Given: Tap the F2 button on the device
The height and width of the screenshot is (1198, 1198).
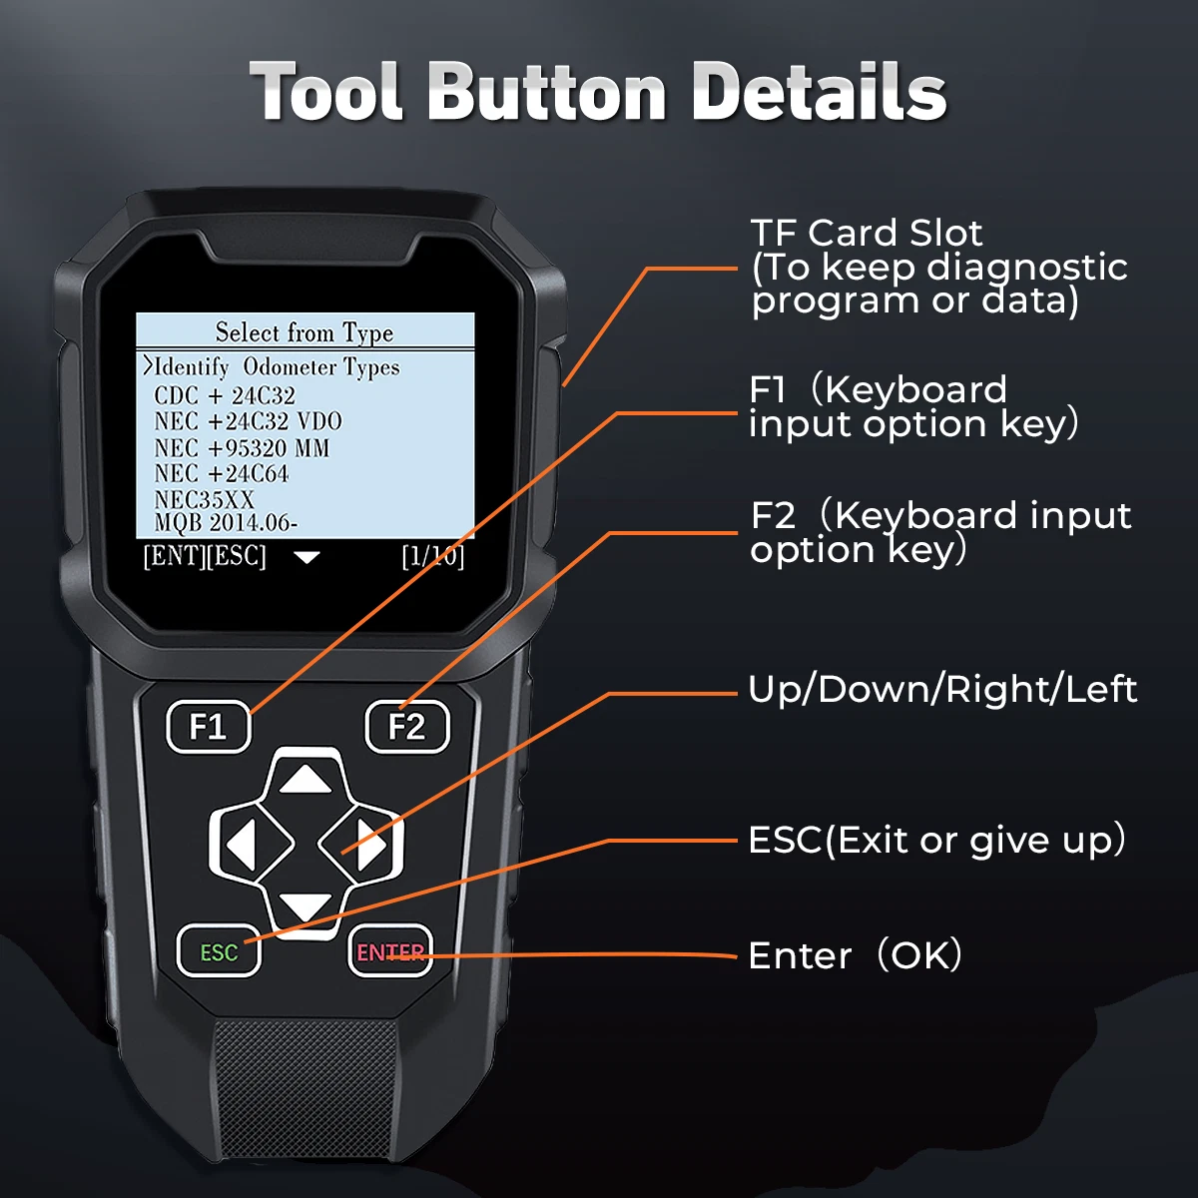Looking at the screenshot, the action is coord(407,726).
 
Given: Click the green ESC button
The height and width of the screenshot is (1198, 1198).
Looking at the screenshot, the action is coord(219,951).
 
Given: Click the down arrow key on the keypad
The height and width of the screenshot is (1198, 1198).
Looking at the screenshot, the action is coord(304,906).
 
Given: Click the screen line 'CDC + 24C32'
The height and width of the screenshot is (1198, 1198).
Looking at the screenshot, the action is coord(225,395).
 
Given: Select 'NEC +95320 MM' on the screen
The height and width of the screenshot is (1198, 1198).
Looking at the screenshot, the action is coord(242,448).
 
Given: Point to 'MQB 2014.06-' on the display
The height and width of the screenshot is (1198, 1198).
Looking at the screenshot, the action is coord(225,523).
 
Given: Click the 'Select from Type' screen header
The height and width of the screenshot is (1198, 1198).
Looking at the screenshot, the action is coord(304,332).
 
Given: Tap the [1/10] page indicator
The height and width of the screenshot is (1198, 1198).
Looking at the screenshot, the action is coord(432,556).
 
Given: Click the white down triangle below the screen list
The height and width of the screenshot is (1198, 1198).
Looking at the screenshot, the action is coord(306,557).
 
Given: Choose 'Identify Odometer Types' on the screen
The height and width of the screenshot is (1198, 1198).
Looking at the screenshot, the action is coord(272,366).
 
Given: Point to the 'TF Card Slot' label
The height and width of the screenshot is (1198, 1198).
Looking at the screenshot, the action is coord(867,233).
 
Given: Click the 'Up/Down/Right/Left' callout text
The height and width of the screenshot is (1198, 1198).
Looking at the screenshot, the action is coord(942,690).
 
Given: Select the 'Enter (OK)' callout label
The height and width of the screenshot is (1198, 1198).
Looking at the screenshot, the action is coord(855,955).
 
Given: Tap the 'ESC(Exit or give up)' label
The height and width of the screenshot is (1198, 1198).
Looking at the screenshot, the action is coord(936,840).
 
